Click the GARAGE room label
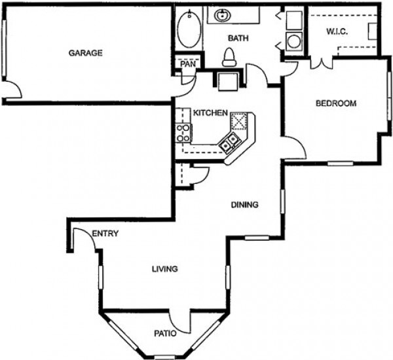[x=86, y=53]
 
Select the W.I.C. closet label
[x=336, y=31]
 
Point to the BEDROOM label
[x=336, y=103]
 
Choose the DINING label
[x=245, y=205]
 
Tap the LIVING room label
[x=165, y=269]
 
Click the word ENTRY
[x=105, y=234]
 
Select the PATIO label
[x=166, y=333]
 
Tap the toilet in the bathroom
[x=229, y=58]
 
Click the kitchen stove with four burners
[x=183, y=133]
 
